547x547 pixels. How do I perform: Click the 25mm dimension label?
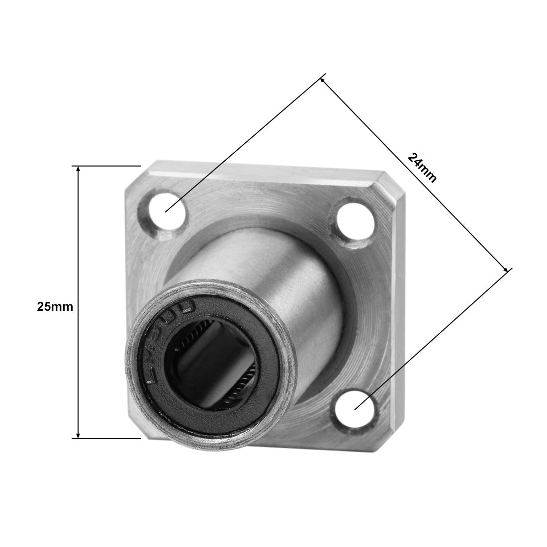pos(55,307)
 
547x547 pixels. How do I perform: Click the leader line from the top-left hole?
pos(244,144)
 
